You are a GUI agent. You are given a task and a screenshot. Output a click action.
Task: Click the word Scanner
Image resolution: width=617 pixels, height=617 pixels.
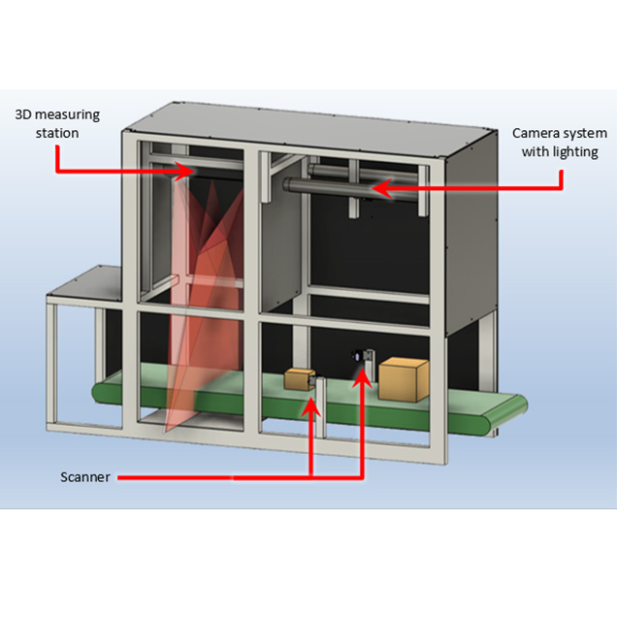click(85, 476)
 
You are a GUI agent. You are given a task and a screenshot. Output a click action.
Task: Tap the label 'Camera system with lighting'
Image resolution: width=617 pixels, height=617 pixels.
click(554, 142)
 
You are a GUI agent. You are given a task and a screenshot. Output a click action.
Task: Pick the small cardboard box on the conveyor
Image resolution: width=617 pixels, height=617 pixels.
click(297, 382)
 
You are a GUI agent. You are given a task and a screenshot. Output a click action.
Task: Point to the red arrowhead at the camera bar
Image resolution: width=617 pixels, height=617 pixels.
click(379, 187)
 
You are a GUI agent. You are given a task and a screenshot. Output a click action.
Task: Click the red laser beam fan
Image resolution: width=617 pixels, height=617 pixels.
click(199, 291)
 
